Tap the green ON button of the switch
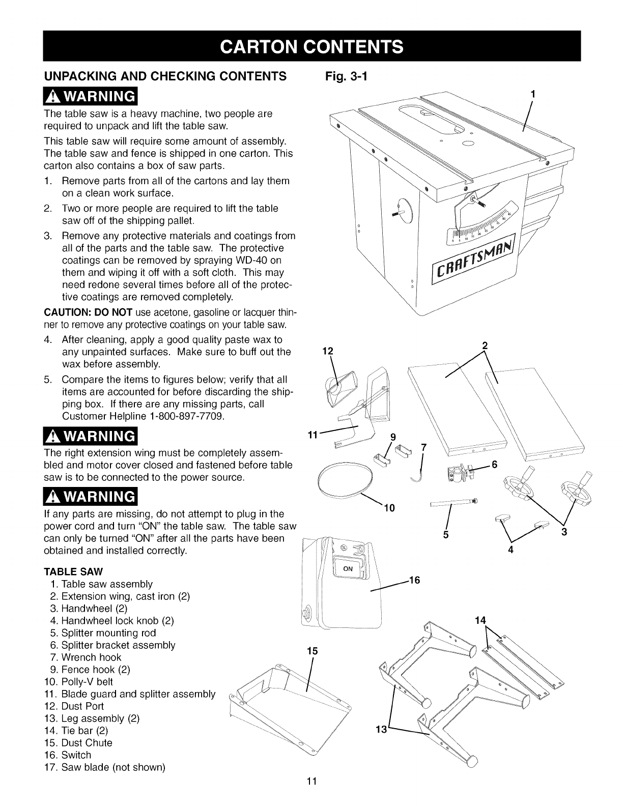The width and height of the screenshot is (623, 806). [348, 568]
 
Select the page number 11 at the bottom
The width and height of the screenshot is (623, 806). [311, 795]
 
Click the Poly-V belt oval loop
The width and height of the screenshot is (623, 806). [345, 481]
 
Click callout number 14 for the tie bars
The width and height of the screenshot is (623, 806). [480, 620]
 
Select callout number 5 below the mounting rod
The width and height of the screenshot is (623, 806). [445, 534]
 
